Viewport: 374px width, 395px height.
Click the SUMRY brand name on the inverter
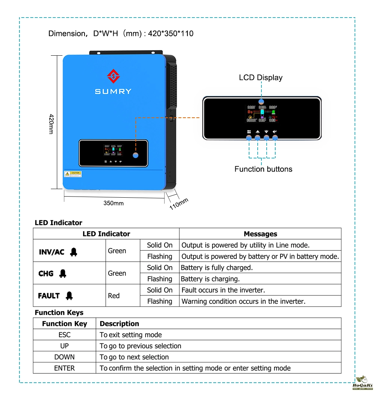113,91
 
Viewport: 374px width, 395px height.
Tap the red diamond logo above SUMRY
113,76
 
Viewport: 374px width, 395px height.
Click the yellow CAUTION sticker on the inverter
73,174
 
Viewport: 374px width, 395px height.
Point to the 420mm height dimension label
52,124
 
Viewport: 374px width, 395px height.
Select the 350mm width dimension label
113,203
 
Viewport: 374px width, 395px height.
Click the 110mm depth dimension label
179,204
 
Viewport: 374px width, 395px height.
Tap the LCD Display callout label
261,78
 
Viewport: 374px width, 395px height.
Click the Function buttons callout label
263,169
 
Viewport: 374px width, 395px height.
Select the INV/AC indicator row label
52,252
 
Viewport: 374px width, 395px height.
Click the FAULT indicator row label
49,296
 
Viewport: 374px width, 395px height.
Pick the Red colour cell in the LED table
114,296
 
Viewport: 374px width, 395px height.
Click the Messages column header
260,234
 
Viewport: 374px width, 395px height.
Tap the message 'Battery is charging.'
210,279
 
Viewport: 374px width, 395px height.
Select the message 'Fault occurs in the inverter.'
223,290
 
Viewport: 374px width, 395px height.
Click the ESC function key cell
64,335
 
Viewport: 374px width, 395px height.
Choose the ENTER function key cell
64,368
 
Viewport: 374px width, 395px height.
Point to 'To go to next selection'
134,357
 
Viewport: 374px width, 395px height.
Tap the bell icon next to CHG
63,274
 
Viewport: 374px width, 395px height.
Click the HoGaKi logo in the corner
361,383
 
